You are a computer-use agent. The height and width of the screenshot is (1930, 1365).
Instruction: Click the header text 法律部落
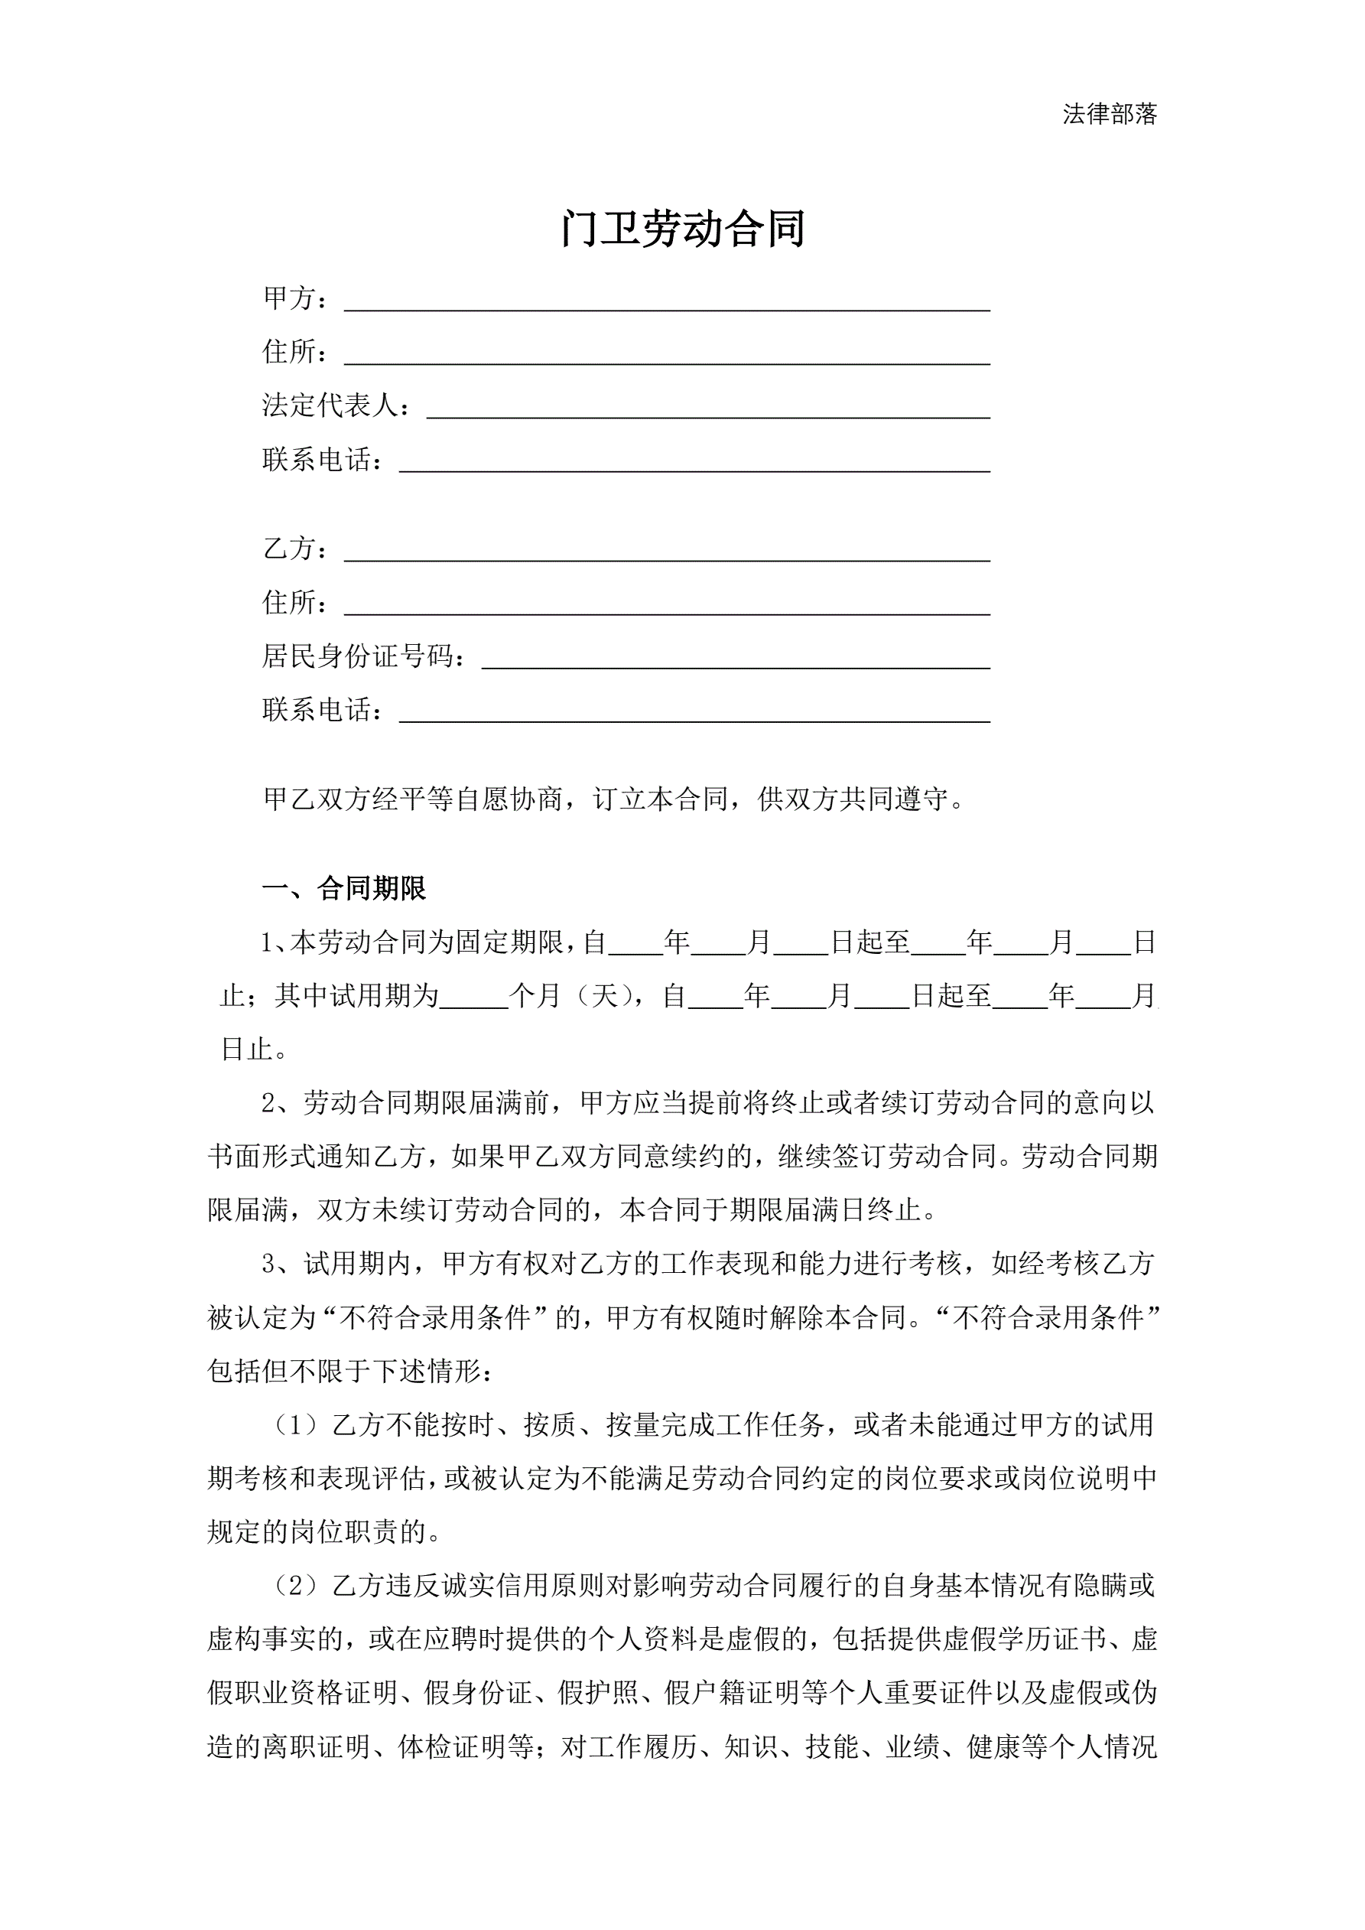(1109, 114)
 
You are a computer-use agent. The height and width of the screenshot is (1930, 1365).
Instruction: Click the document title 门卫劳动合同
(682, 229)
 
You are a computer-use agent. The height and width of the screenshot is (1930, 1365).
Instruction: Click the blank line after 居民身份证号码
(736, 658)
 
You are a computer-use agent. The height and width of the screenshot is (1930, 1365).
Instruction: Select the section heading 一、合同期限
(345, 889)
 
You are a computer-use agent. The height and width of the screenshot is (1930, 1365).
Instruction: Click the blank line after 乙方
(667, 551)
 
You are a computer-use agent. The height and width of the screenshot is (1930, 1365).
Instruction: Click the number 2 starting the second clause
(269, 1104)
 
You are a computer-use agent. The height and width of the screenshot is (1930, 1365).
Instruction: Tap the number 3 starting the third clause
(269, 1264)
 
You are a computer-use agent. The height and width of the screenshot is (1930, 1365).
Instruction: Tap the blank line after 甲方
(667, 300)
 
